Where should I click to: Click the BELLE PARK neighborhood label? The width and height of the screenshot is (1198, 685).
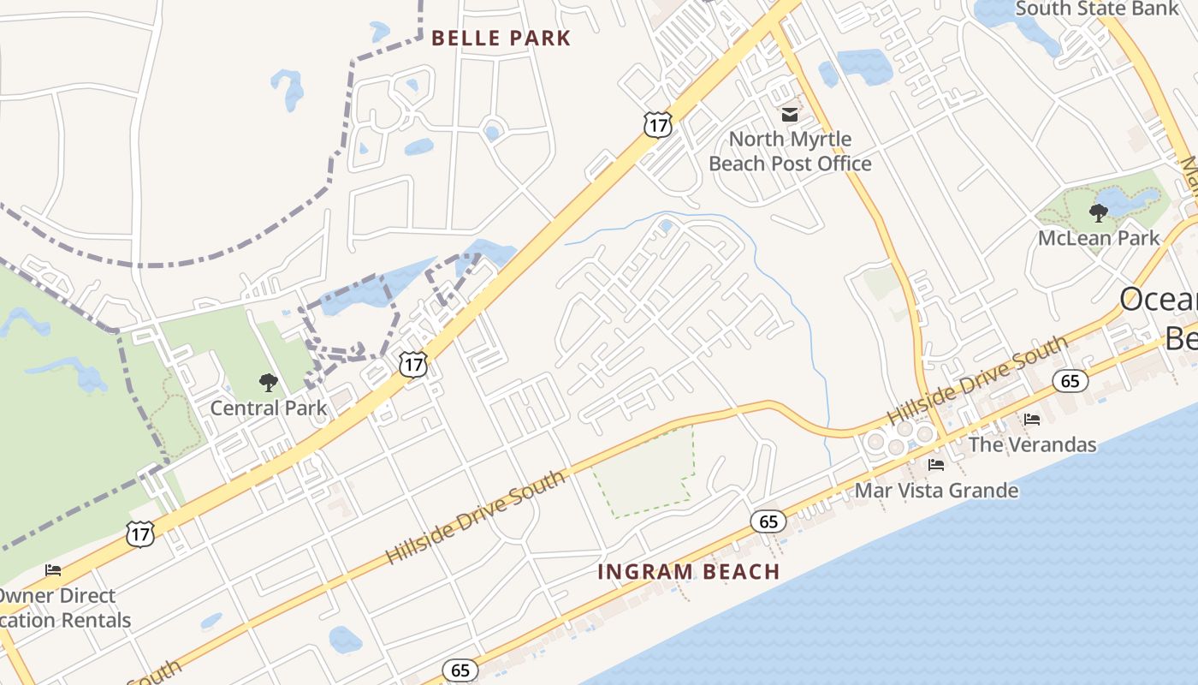click(x=501, y=38)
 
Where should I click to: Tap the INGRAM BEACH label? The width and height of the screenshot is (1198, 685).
click(x=689, y=571)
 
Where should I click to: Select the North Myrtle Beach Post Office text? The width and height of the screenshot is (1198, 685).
click(x=790, y=151)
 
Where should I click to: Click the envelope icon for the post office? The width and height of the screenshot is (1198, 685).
click(x=789, y=114)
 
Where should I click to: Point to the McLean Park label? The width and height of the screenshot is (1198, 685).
click(x=1099, y=237)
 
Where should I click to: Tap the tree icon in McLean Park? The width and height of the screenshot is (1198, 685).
click(x=1099, y=212)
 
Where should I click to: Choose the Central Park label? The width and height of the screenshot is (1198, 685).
click(x=269, y=408)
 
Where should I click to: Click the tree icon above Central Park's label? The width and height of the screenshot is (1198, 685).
click(x=269, y=383)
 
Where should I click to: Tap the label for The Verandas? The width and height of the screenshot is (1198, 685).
click(x=1032, y=444)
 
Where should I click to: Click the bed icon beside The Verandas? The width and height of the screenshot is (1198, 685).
click(x=1032, y=420)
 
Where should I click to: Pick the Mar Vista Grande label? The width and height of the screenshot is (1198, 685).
click(x=937, y=491)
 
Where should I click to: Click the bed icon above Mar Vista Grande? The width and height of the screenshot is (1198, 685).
click(x=936, y=465)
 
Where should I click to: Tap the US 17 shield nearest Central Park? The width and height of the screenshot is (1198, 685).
click(x=413, y=365)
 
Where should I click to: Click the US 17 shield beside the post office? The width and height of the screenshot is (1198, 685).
click(x=657, y=124)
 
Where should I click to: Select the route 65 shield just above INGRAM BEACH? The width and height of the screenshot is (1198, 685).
click(x=768, y=521)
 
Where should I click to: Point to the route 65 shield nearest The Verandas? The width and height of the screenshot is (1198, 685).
click(x=1070, y=380)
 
